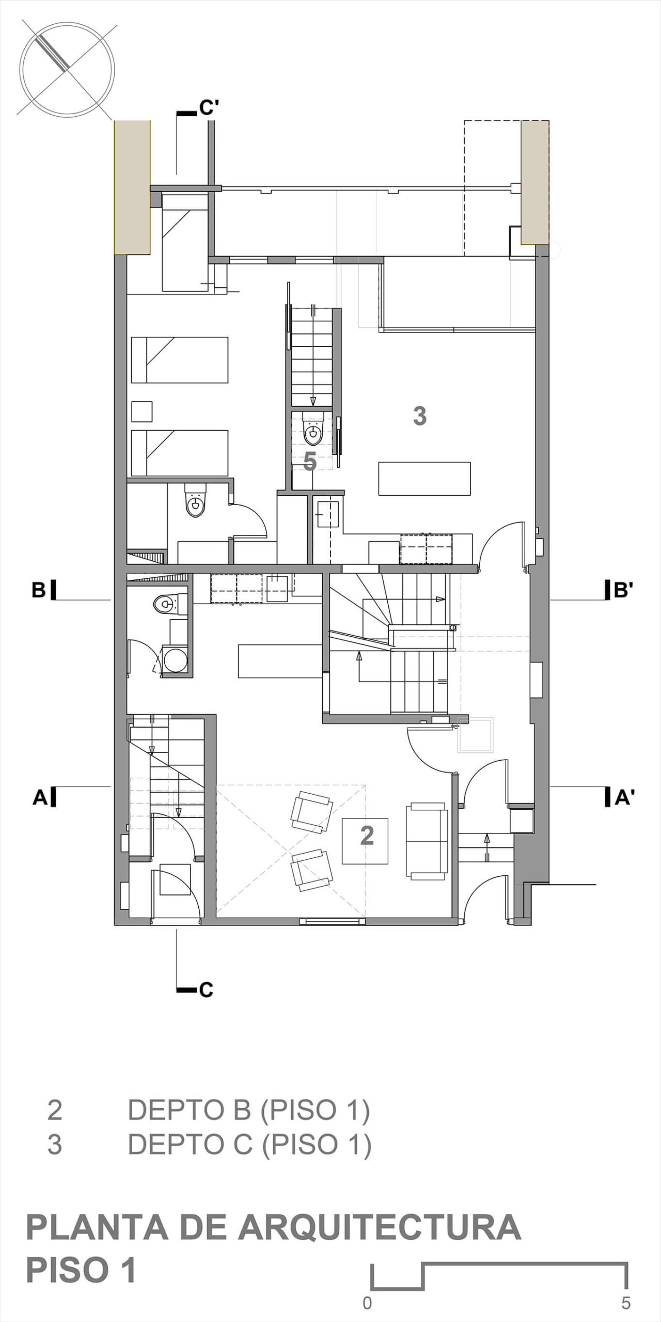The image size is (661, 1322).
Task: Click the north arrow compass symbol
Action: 67,69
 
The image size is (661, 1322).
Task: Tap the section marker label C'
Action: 210,108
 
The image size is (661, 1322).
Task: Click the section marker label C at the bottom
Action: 206,990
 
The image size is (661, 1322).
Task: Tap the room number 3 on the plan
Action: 420,416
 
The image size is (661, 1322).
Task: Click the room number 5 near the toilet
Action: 310,461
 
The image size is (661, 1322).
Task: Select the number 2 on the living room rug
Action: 367,835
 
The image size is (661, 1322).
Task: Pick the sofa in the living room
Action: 427,841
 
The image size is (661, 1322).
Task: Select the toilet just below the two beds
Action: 195,500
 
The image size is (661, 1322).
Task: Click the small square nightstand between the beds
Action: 141,412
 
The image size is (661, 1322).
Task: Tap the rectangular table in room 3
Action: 424,479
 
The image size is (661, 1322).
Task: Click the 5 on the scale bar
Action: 626,1303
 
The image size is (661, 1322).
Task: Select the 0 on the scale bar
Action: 367,1303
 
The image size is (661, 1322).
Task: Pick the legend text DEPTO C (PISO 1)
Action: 250,1144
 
